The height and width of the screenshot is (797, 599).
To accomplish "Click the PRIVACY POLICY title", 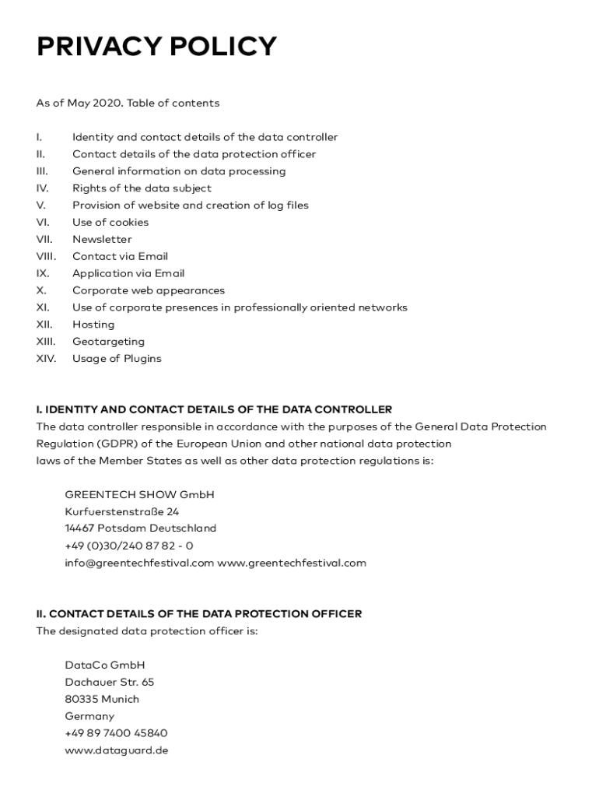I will (x=156, y=47).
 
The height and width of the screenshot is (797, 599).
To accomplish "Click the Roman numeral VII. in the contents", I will (x=44, y=239).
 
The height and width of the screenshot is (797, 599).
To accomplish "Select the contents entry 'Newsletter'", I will (x=102, y=239).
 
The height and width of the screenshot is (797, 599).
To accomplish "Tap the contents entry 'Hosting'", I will (x=93, y=325).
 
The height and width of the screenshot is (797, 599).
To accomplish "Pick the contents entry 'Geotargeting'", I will (x=108, y=342).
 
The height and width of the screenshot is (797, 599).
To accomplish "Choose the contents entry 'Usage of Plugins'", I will (x=117, y=359).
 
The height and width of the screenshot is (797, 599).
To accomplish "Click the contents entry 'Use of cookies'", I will (x=110, y=222).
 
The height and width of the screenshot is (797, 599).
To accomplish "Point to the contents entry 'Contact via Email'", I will (x=120, y=256).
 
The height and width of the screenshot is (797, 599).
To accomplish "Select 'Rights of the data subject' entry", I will (x=142, y=188).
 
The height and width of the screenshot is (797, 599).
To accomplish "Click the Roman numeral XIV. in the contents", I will (x=46, y=359).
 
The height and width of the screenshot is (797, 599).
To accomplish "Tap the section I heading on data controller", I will (x=214, y=409).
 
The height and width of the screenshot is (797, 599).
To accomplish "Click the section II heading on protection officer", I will (x=198, y=614).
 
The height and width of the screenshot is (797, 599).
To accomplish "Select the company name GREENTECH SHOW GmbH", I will (x=139, y=494).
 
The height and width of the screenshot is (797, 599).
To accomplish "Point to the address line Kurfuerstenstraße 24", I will (x=122, y=511).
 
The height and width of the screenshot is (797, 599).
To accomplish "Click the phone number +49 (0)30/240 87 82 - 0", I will (x=129, y=546).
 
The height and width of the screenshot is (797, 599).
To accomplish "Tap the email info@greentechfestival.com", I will (x=139, y=563).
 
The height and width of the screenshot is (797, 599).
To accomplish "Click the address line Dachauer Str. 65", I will (x=110, y=682).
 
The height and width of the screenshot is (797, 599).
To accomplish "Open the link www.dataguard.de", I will (x=117, y=750).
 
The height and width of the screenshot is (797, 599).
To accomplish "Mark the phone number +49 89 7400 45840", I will (x=116, y=733).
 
